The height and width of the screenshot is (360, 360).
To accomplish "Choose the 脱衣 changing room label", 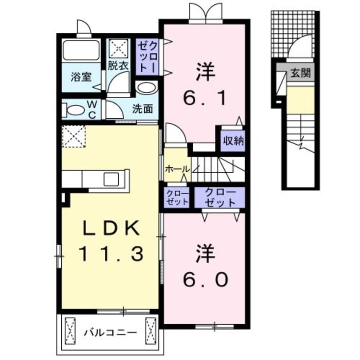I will coord(117,66).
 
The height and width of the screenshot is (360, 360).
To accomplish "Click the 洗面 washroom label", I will coord(142,109).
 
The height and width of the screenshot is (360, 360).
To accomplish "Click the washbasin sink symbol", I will coord(147,89).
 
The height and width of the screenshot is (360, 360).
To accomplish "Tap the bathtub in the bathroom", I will coord(81,51).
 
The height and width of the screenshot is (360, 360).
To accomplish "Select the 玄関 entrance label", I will coord(300,73).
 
